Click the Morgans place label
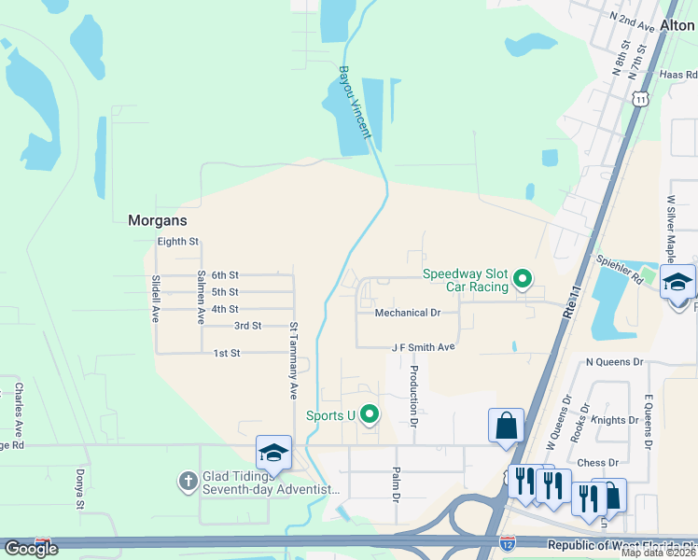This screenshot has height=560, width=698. pos(157,221)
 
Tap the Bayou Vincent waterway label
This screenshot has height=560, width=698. pos(355,101)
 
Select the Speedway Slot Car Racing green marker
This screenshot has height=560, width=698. pos(523,278)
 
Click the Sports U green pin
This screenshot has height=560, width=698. pos(370,413)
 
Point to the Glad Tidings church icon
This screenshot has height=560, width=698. pos(188,482)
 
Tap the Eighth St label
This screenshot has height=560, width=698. pos(178,242)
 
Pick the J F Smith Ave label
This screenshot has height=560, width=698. pos(423,346)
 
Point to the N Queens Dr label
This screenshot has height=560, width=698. pos(614,361)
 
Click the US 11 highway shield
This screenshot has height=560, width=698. pos(639,99)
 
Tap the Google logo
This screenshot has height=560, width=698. pos(30,549)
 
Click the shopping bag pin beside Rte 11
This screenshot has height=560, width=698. pos(506,426)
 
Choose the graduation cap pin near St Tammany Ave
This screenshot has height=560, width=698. pos(273,453)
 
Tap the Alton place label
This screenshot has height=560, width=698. pos(677,26)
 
